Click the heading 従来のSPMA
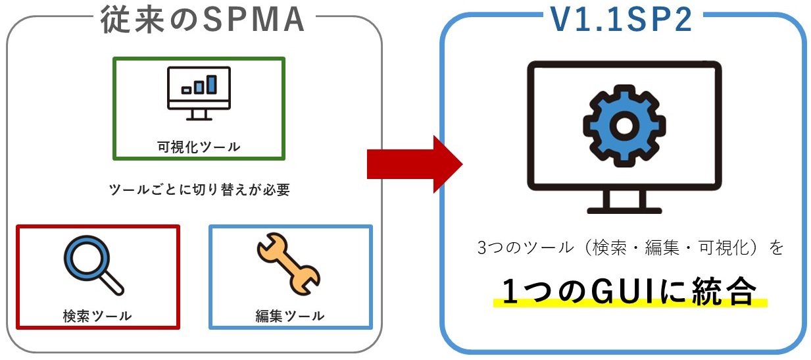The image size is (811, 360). click(x=203, y=20)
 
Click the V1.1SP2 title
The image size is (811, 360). click(x=622, y=20)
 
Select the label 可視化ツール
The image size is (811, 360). click(x=199, y=146)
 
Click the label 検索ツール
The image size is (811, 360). click(x=97, y=315)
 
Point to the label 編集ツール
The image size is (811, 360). click(x=290, y=315)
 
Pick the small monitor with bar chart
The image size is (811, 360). click(x=199, y=93)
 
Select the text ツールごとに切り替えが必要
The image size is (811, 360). click(x=199, y=190)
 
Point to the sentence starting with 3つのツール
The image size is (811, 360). click(x=630, y=249)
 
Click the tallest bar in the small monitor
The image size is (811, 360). click(x=211, y=84)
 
